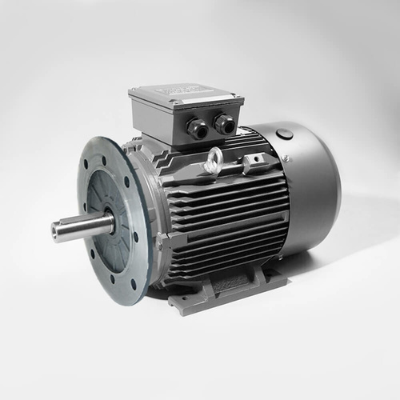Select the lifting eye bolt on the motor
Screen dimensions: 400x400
[214, 163]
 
